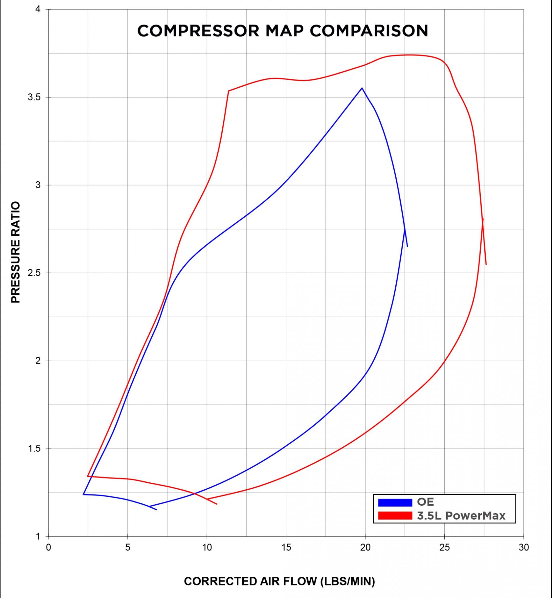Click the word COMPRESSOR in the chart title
pos(198,31)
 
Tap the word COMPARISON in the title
pos(369,31)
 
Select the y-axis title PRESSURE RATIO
pos(15,252)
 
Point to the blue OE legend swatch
pos(395,503)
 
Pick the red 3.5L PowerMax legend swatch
pos(395,516)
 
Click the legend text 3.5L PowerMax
pos(461,516)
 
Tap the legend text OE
pos(425,502)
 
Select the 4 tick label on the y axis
pos(38,9)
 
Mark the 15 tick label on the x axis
pos(286,548)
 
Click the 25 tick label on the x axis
pos(444,548)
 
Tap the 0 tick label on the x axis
pos(48,548)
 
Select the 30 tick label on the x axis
pos(524,548)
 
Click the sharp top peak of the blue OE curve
pos(362,88)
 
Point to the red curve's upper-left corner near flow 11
pos(228,91)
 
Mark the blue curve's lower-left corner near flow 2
pos(83,494)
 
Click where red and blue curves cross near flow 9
pos(195,493)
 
